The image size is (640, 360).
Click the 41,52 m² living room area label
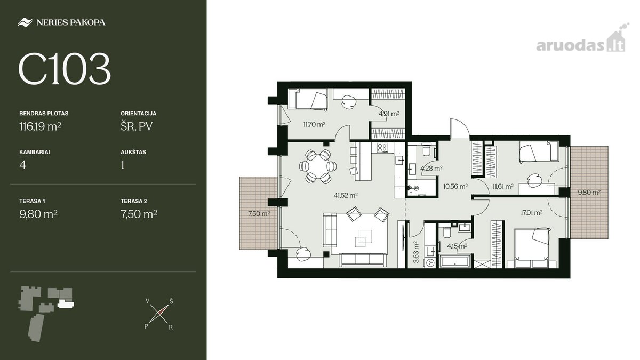(x=346, y=195)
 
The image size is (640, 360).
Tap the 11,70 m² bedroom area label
(x=314, y=124)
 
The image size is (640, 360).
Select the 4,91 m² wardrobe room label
(x=389, y=114)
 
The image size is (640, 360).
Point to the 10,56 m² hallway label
(x=455, y=187)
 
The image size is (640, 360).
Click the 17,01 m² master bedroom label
(x=531, y=213)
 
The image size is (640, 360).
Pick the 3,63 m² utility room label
(x=417, y=252)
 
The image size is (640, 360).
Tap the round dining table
(x=318, y=166)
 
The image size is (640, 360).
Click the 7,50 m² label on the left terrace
(x=259, y=214)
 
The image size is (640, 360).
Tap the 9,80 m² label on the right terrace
(x=589, y=193)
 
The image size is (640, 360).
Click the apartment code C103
(x=65, y=69)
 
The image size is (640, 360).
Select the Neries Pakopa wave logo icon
(x=25, y=22)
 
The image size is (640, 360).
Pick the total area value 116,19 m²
(x=41, y=126)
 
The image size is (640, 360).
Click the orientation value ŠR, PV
(x=137, y=126)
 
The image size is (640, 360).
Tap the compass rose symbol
(x=159, y=314)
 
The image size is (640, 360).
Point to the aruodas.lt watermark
(x=581, y=42)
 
